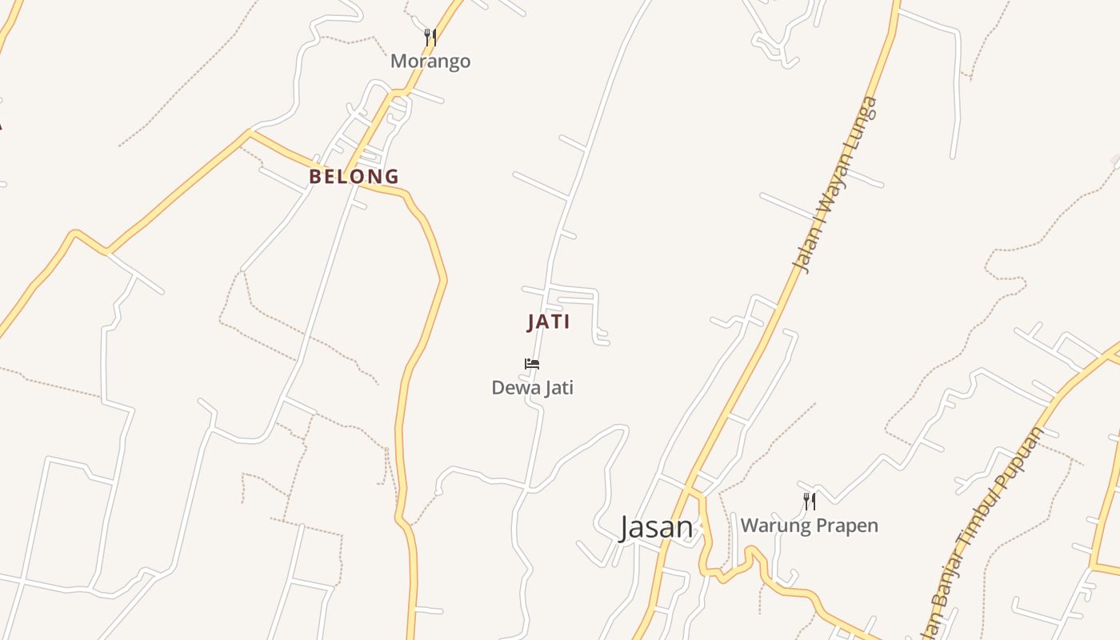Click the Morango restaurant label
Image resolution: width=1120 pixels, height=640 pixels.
coord(430,62)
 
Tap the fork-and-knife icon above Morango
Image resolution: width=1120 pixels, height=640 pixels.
coord(430,37)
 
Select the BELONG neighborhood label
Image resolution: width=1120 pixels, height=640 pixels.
coord(354,176)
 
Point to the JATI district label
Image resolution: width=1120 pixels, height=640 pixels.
coord(549,322)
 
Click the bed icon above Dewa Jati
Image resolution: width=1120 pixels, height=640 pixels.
coord(532,364)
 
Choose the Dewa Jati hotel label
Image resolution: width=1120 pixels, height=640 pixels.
coord(532,388)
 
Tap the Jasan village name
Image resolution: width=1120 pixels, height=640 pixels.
coord(656,527)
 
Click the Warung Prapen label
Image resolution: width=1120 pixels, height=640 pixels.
coord(809,526)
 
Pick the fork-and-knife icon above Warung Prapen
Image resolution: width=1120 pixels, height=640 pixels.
coord(810,502)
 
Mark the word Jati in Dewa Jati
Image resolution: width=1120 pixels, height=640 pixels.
coord(556,388)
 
